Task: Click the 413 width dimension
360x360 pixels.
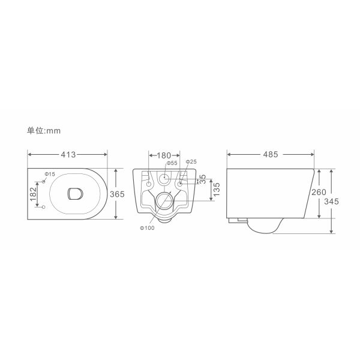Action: pyautogui.click(x=68, y=155)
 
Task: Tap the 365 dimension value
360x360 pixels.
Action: pyautogui.click(x=117, y=194)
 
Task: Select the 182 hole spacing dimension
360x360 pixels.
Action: pyautogui.click(x=33, y=194)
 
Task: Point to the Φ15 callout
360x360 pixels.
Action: pyautogui.click(x=50, y=174)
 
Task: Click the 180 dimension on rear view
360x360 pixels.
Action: pyautogui.click(x=164, y=155)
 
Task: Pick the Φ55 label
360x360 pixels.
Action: pyautogui.click(x=172, y=163)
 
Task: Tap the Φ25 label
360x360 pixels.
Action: pyautogui.click(x=191, y=161)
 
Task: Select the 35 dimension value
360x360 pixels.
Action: pyautogui.click(x=203, y=179)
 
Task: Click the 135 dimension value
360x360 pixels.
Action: pyautogui.click(x=216, y=190)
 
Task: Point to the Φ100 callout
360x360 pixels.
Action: pyautogui.click(x=147, y=228)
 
